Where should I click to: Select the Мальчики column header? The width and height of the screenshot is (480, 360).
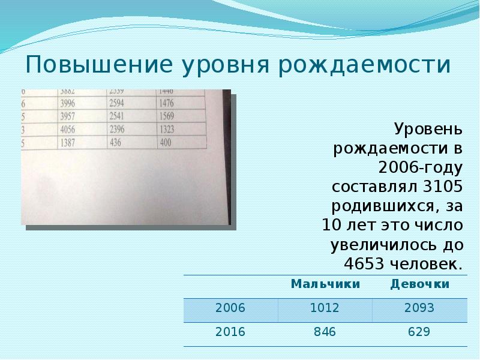point(325,284)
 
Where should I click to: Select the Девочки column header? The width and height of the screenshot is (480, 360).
point(419,284)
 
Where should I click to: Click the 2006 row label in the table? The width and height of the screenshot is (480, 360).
point(230,308)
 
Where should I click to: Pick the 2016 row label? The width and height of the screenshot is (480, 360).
point(230,332)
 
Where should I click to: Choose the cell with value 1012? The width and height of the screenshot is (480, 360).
point(325,308)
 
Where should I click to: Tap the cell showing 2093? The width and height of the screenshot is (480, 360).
point(419,308)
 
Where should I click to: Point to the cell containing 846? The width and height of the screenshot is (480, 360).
point(325,332)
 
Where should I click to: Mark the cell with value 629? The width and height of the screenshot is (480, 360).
point(419,332)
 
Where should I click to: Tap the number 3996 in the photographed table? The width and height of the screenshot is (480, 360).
point(70,103)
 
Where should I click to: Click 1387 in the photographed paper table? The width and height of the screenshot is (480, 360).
point(68,143)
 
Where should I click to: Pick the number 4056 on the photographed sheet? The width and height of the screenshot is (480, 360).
point(69,129)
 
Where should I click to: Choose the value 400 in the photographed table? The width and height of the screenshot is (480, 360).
point(166,143)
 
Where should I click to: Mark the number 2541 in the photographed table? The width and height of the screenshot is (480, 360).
point(119,116)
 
